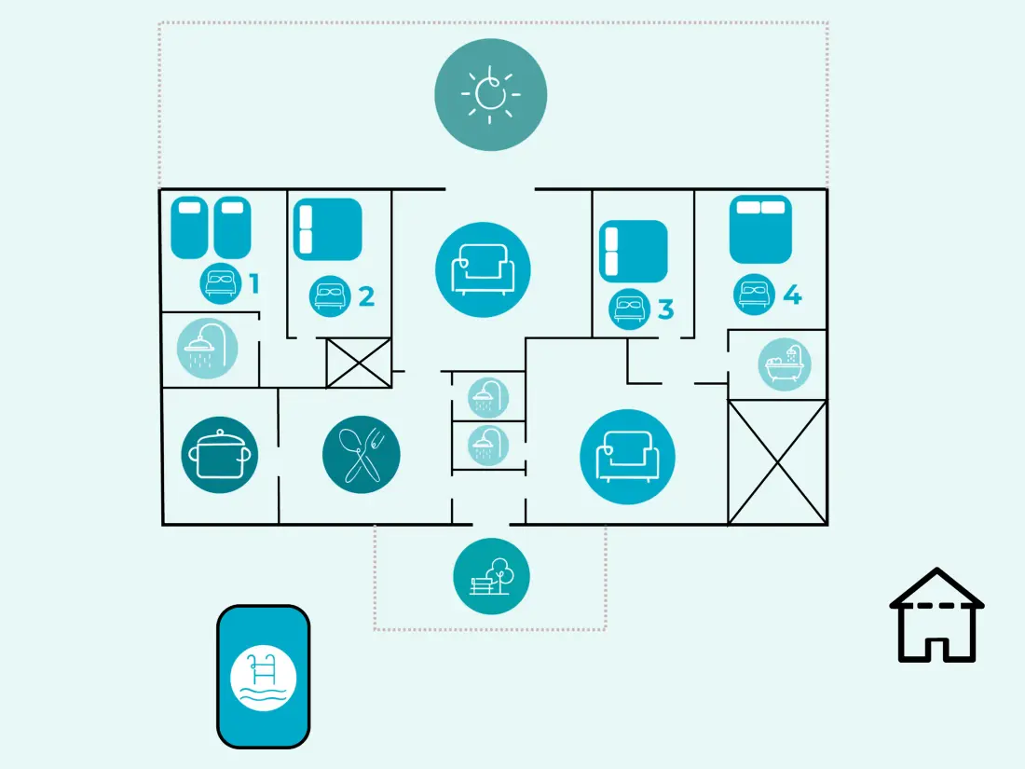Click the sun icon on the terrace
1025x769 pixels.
pyautogui.click(x=490, y=95)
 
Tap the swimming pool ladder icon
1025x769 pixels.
pyautogui.click(x=264, y=678)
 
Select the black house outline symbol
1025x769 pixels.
pyautogui.click(x=936, y=615)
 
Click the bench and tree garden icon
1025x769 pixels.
pyautogui.click(x=492, y=576)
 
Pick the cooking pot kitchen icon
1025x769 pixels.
pyautogui.click(x=220, y=455)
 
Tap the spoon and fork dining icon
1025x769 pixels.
pyautogui.click(x=361, y=455)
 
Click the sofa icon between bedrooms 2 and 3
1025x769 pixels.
pyautogui.click(x=483, y=269)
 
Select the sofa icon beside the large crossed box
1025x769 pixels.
pyautogui.click(x=627, y=457)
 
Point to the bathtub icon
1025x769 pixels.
pyautogui.click(x=785, y=364)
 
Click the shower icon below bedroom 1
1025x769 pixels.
pyautogui.click(x=207, y=349)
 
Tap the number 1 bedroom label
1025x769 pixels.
pyautogui.click(x=254, y=283)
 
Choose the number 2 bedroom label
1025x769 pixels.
pyautogui.click(x=366, y=296)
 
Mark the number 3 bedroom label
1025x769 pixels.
pyautogui.click(x=665, y=309)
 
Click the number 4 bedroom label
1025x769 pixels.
pyautogui.click(x=792, y=295)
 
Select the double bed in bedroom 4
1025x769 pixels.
pyautogui.click(x=760, y=229)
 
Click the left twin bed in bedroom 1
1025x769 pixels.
pyautogui.click(x=189, y=227)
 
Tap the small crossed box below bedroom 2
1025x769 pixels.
pyautogui.click(x=359, y=363)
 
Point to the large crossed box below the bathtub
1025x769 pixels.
pyautogui.click(x=777, y=462)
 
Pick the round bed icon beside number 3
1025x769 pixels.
pyautogui.click(x=630, y=309)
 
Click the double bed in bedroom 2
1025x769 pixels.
pyautogui.click(x=327, y=229)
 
